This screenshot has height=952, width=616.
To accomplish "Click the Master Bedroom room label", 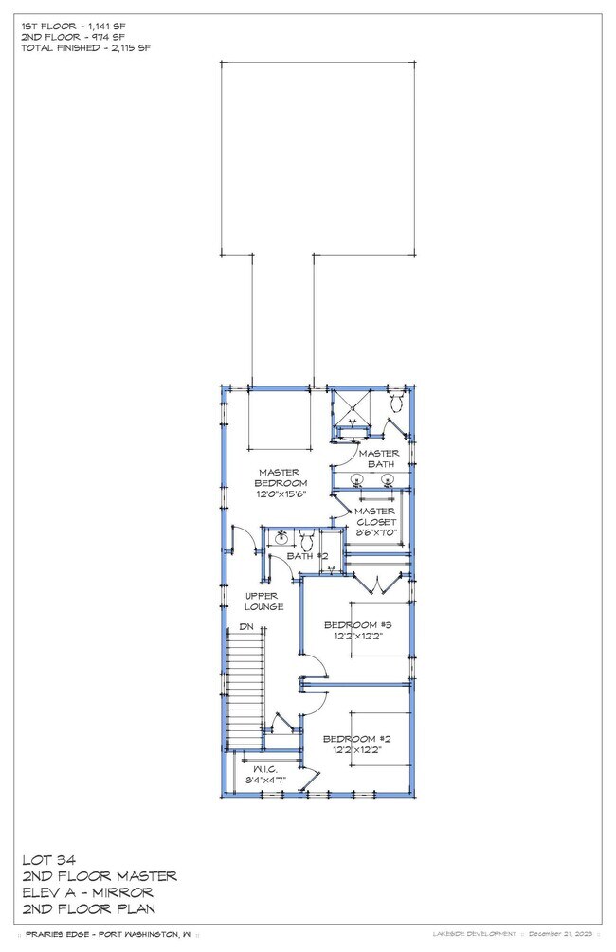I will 278,477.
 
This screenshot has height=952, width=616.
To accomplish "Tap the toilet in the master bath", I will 396,402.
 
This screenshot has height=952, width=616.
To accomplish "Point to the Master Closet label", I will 375,516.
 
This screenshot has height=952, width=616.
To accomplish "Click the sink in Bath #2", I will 281,540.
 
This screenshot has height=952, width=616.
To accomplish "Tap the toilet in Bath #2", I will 306,541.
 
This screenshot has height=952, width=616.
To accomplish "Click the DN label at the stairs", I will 245,626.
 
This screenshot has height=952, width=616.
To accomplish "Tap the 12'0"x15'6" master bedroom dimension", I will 278,494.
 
